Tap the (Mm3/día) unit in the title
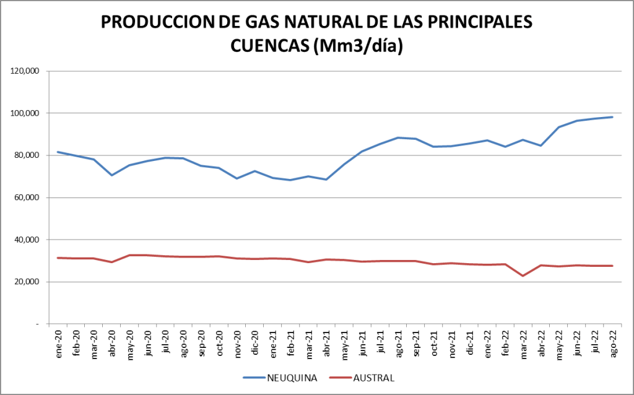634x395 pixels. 358,46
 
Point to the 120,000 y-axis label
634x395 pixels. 25,71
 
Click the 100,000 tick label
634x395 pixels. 25,113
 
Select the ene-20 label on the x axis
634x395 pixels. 58,342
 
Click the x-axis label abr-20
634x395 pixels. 112,342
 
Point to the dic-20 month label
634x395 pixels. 255,342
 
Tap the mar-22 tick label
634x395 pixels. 523,342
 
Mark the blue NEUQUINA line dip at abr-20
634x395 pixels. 112,175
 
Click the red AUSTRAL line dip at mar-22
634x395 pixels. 523,276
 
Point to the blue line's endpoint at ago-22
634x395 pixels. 612,117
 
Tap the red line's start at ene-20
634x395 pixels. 58,258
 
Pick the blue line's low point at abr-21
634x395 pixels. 326,180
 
